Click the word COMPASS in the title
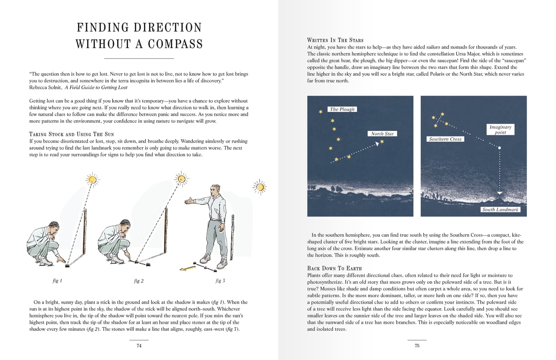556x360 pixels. (x=175, y=44)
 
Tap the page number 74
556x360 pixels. (x=139, y=345)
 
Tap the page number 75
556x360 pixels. (x=417, y=345)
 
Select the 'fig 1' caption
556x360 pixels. (x=57, y=281)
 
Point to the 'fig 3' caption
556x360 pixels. (x=220, y=281)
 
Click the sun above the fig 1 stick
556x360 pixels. (x=92, y=179)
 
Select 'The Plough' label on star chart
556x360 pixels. (x=342, y=109)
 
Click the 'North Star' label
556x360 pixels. (x=382, y=134)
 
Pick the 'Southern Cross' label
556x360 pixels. (x=445, y=139)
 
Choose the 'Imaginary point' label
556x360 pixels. (x=500, y=130)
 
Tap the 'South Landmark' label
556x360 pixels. (x=500, y=210)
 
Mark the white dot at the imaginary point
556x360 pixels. (x=499, y=148)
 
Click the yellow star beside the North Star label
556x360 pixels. (x=382, y=142)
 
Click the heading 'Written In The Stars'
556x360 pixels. (x=335, y=40)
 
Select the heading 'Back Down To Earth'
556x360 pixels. (x=334, y=268)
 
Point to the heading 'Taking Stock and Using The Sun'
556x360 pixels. (x=72, y=134)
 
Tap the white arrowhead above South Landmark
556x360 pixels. (x=499, y=193)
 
